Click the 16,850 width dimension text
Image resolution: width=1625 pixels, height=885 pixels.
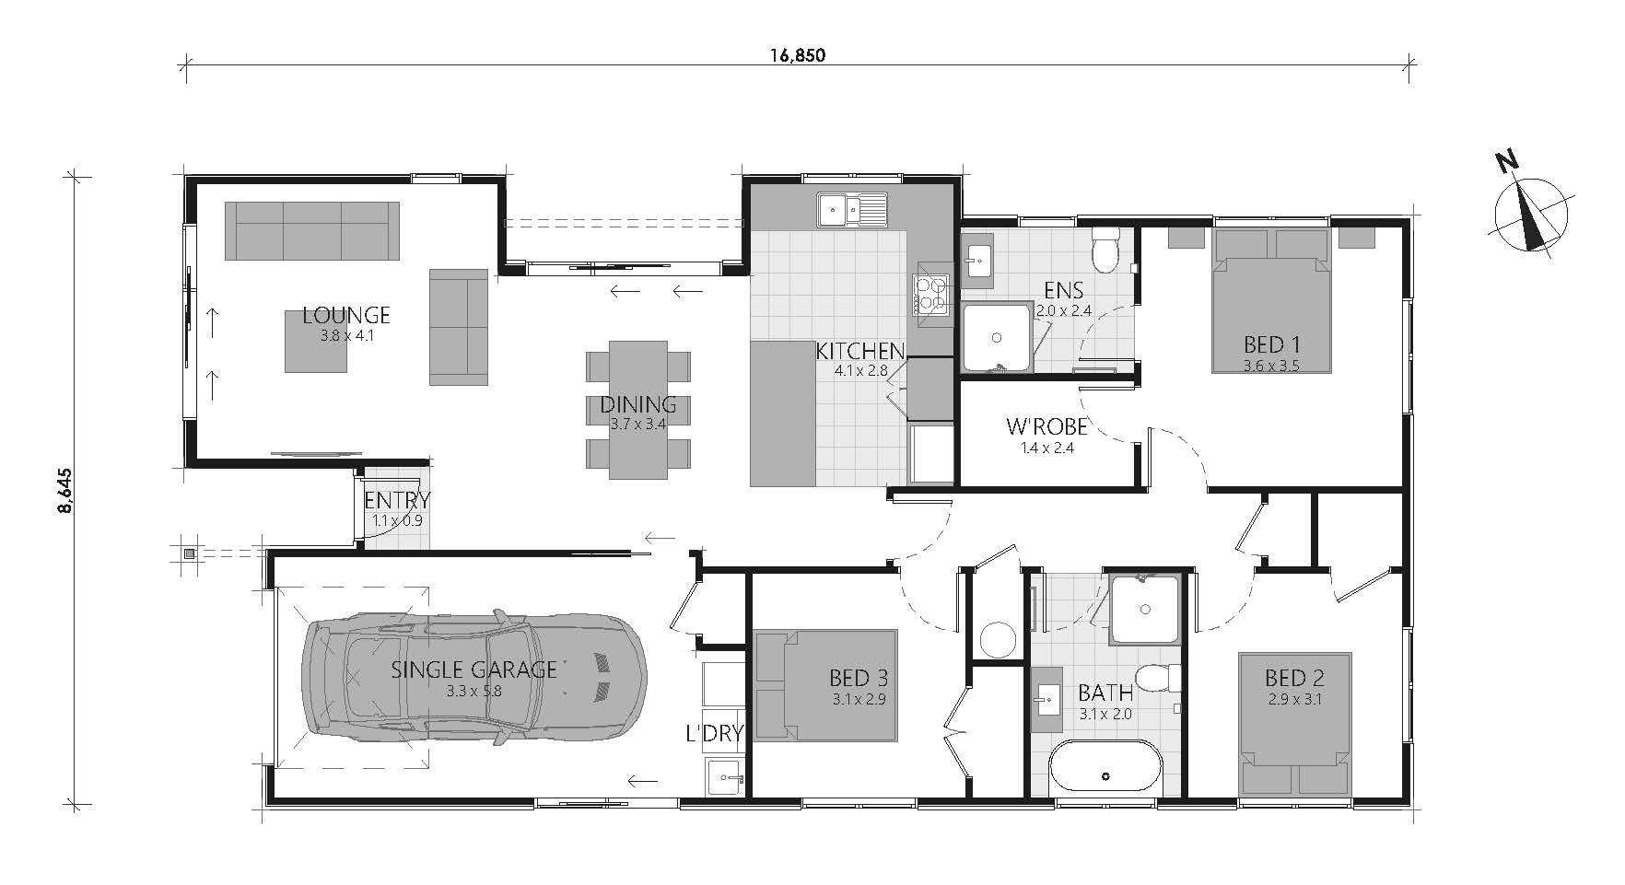[798, 54]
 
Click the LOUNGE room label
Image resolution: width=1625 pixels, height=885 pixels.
[346, 316]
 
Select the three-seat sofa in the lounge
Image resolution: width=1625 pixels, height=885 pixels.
[313, 230]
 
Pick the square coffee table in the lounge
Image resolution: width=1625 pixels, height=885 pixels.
[316, 341]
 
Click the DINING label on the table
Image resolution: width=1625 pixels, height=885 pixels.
[638, 404]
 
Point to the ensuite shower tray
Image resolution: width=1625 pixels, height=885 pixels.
[996, 337]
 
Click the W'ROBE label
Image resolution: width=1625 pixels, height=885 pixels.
[1046, 426]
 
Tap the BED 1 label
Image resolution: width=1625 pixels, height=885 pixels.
[1271, 344]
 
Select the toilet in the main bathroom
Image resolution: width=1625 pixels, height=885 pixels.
[1159, 678]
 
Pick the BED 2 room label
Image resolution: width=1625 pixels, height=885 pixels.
[1294, 679]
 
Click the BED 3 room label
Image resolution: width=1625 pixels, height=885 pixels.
[859, 679]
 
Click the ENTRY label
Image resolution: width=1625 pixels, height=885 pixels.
[397, 501]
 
